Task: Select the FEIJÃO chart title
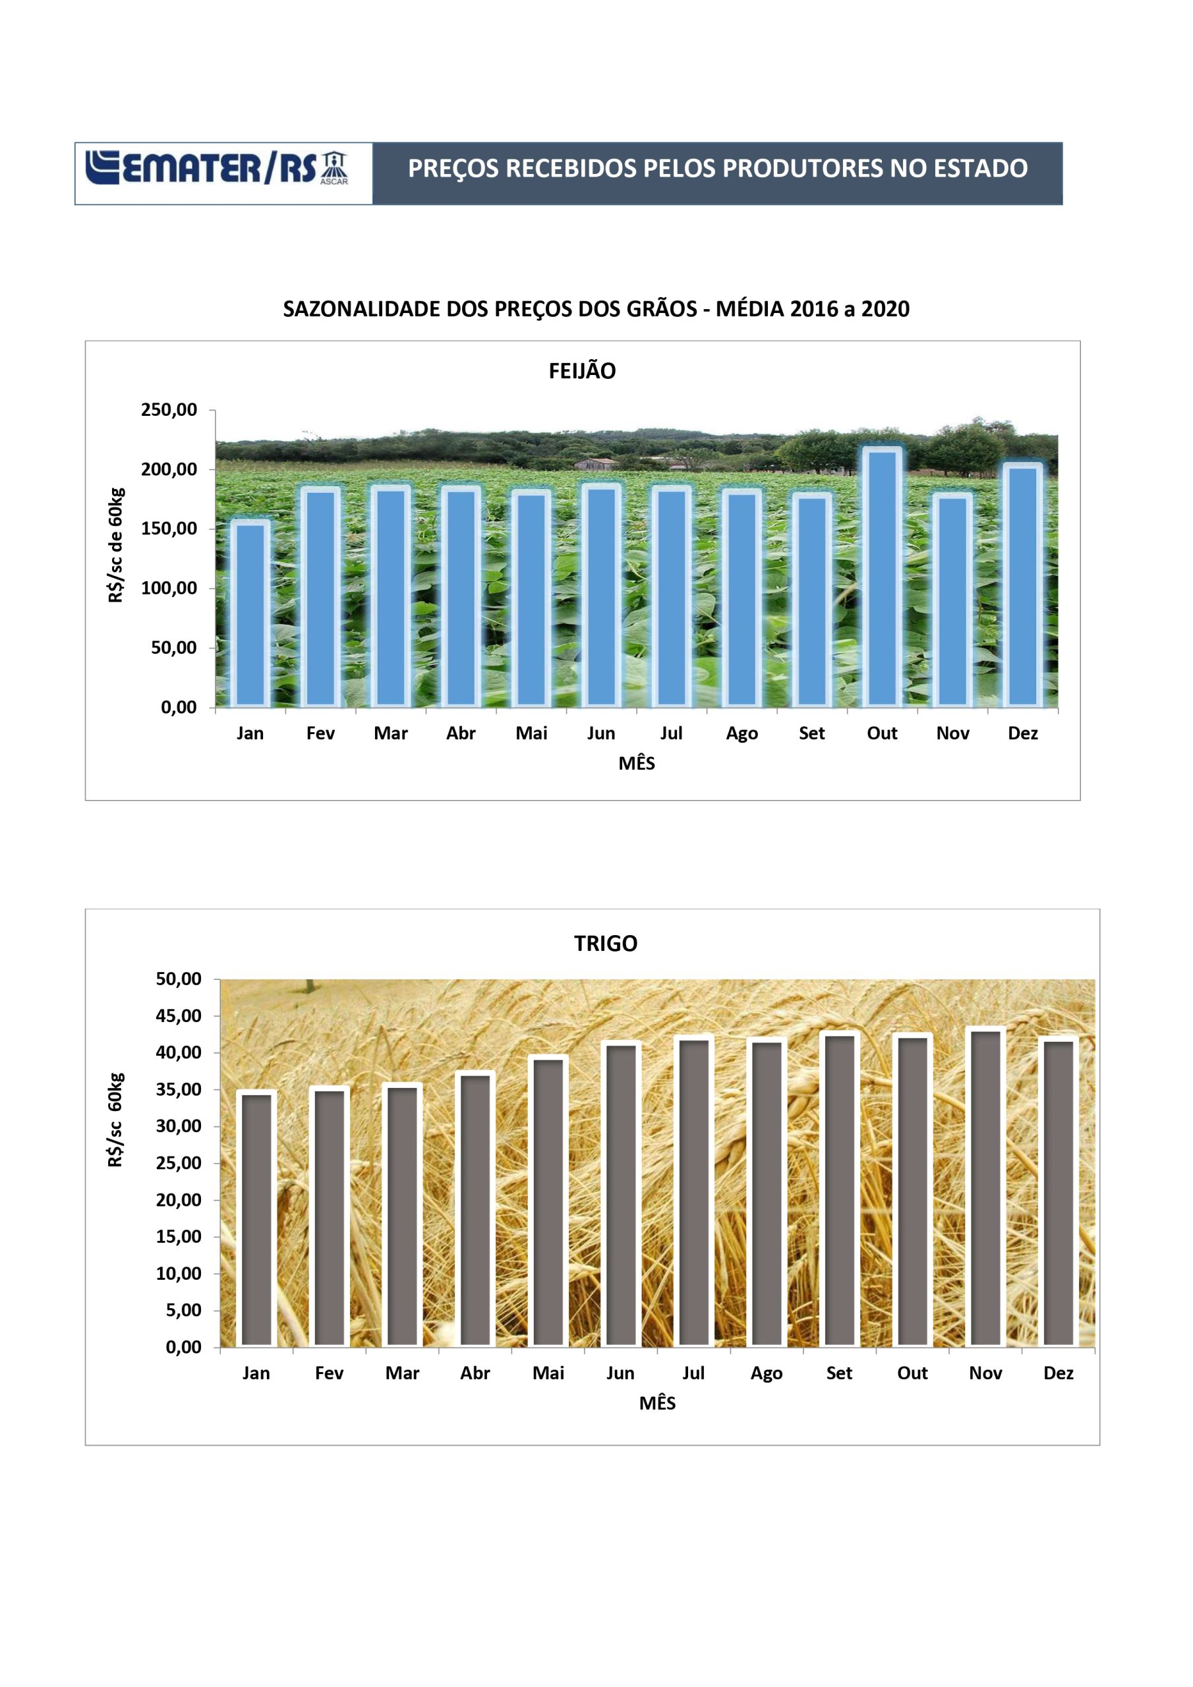tap(582, 370)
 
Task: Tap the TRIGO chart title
tap(606, 943)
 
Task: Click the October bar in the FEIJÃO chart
tap(882, 577)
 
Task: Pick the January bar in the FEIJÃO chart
tap(250, 614)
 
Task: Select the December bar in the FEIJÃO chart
tap(1022, 586)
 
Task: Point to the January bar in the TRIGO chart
tap(256, 1219)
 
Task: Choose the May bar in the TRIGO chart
tap(548, 1201)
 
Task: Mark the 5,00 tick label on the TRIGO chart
tap(184, 1310)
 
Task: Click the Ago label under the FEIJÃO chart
tap(742, 733)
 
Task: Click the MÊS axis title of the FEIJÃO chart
tap(637, 762)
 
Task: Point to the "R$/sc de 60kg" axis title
tap(115, 545)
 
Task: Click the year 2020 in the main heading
tap(885, 308)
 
